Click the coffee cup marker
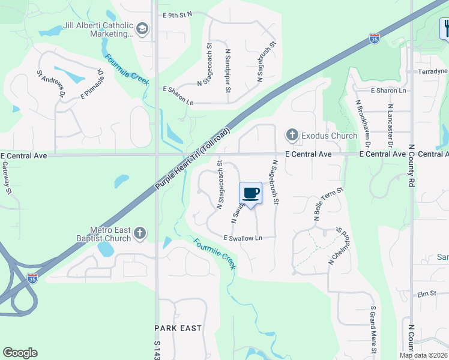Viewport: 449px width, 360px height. (251, 194)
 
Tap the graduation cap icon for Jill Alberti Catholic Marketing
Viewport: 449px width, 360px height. (142, 28)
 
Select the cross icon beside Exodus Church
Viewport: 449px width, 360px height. (292, 136)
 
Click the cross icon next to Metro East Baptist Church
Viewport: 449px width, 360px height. (140, 233)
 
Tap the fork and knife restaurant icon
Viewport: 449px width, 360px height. (445, 28)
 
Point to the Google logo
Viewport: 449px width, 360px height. (20, 353)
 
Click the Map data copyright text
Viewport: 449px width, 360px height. (423, 355)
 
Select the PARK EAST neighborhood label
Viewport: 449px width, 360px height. (178, 328)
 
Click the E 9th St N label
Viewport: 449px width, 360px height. (176, 14)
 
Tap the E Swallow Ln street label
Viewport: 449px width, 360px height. (243, 238)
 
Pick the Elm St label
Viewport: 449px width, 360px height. (426, 293)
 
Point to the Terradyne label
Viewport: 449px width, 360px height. (433, 71)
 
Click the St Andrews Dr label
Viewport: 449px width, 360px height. (51, 83)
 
